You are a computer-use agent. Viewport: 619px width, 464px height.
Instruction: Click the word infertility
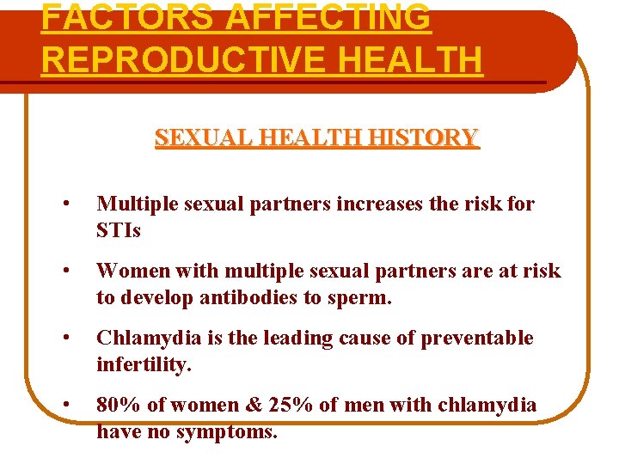[x=144, y=365]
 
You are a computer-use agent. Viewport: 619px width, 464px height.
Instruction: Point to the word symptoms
[x=227, y=432]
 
